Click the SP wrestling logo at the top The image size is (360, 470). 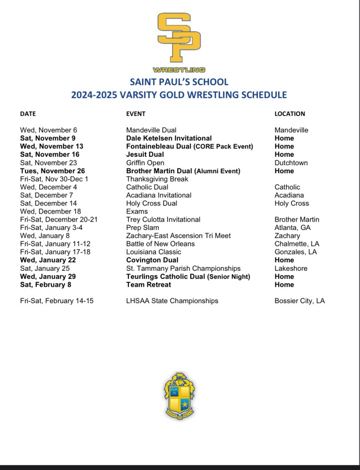point(179,42)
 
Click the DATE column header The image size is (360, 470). point(28,114)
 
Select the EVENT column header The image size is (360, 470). point(136,114)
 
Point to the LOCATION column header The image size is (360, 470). point(290,114)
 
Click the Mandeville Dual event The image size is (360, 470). point(151,130)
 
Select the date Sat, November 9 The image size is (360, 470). point(48,138)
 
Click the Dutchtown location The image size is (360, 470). point(291,163)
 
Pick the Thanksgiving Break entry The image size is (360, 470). point(157,179)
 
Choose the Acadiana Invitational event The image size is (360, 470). point(159,195)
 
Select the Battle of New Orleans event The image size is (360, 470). point(160,244)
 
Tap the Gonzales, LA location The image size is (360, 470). point(296,252)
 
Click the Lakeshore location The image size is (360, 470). point(291,268)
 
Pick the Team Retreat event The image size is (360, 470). point(148,284)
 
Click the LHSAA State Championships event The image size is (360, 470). point(172,301)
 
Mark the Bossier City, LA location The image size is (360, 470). point(300,301)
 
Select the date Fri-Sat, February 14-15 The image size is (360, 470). point(57,301)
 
